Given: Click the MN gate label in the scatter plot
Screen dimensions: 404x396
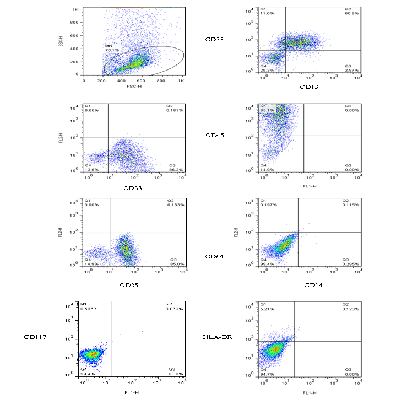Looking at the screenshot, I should pos(109,46).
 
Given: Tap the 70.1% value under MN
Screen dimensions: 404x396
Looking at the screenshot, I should pos(112,50).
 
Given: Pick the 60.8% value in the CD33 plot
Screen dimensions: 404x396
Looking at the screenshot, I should pos(351,14).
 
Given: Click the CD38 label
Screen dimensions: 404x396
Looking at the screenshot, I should pos(134,188).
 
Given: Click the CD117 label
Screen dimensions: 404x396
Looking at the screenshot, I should pos(34,337).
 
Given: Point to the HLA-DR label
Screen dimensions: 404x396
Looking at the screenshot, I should pos(215,337).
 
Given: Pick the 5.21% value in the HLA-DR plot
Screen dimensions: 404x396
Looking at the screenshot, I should pos(267,309).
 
